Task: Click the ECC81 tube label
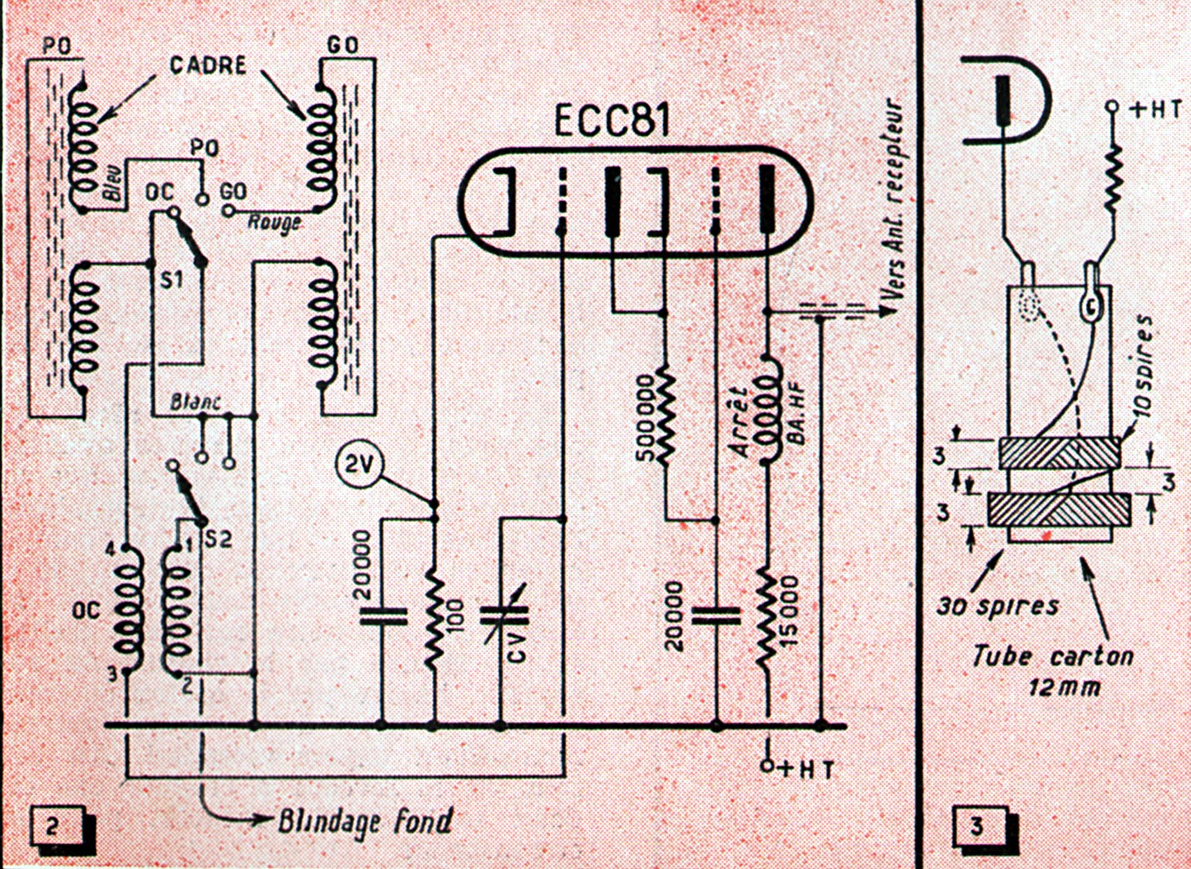[x=611, y=122]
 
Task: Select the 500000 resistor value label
[x=646, y=418]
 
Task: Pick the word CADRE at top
[x=207, y=65]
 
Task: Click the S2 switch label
[x=218, y=540]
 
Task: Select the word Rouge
[x=275, y=222]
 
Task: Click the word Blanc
[x=195, y=402]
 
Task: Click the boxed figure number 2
[x=52, y=828]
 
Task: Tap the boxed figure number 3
[x=977, y=828]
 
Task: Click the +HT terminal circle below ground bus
[x=767, y=766]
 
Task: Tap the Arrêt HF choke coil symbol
[x=769, y=411]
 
